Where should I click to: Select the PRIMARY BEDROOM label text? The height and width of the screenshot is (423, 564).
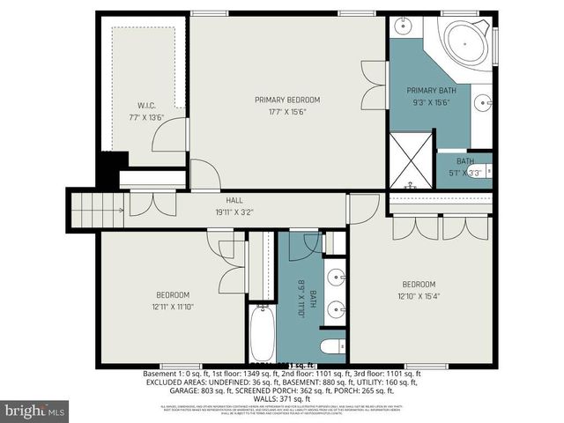tap(287, 100)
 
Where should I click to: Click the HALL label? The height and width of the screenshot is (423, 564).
tap(234, 200)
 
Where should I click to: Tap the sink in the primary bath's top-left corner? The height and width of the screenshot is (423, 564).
tap(402, 26)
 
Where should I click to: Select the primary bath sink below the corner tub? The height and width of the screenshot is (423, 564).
tap(482, 103)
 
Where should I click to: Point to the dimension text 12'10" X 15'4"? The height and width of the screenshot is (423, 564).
tap(419, 296)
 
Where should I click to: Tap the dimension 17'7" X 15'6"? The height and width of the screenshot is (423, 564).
tap(287, 111)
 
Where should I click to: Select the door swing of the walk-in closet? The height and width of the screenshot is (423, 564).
tap(167, 136)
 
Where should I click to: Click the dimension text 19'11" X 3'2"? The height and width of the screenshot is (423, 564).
tap(234, 211)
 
